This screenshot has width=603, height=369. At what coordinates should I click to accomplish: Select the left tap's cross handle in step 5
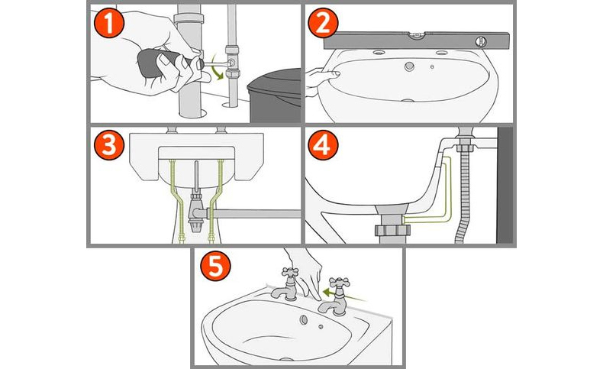(289, 272)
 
